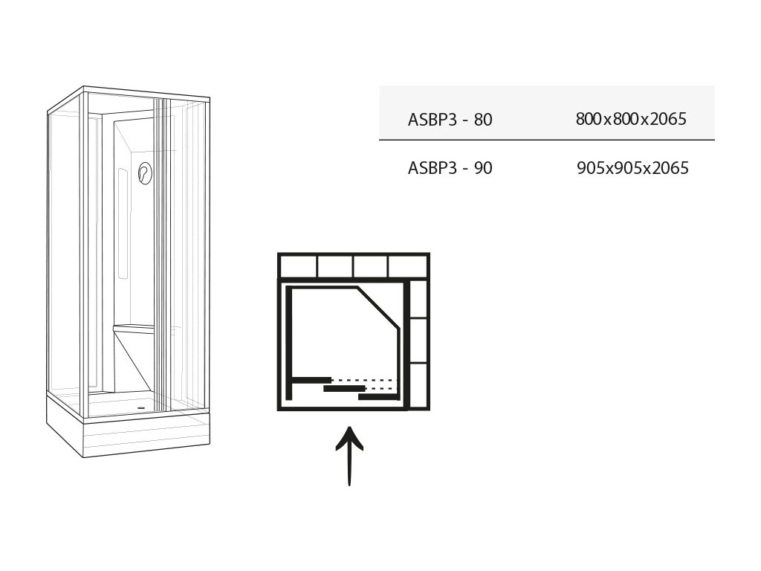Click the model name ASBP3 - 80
coord(450,119)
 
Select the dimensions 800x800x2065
coord(630,119)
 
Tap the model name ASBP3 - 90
coord(450,168)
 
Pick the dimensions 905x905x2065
coord(632,168)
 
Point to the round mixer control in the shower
coord(144,174)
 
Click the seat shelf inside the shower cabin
coord(134,329)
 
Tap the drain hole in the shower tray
coord(141,407)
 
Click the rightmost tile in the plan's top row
coord(407,266)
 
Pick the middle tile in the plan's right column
coord(419,341)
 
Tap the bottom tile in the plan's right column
coord(419,385)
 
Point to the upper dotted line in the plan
coord(364,381)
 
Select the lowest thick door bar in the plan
coord(379,397)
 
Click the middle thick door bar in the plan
coord(344,388)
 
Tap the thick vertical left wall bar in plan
coord(289,342)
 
